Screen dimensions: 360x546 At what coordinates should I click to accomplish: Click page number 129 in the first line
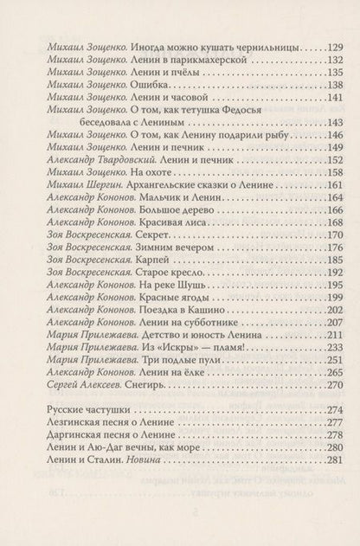(319, 44)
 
